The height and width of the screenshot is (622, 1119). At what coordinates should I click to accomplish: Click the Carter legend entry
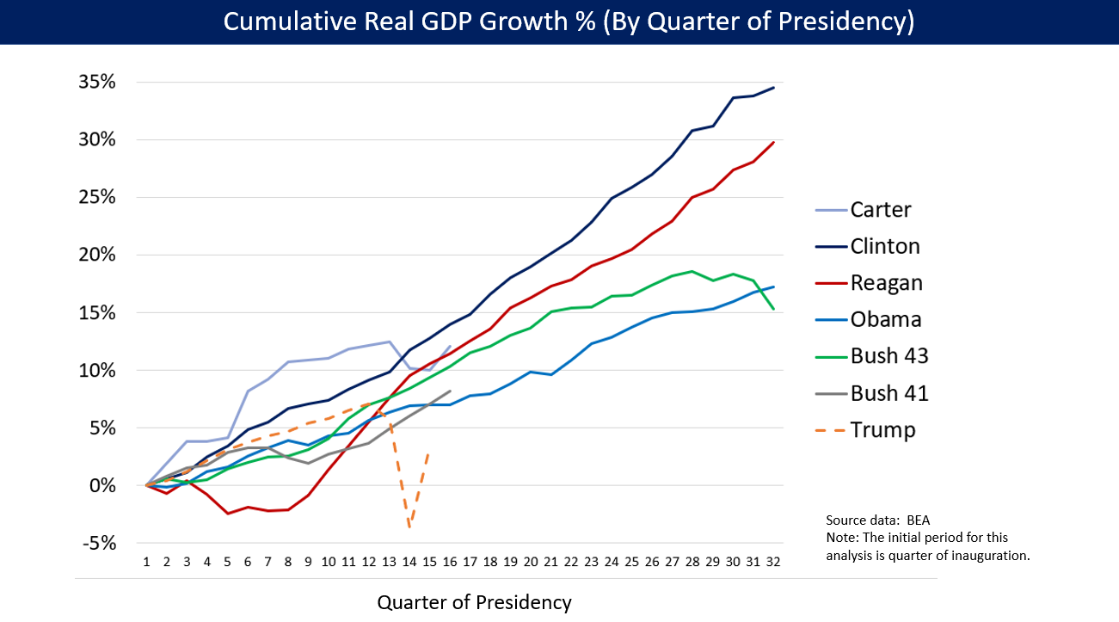point(881,209)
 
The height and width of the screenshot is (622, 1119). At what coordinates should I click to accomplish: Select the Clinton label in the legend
point(885,246)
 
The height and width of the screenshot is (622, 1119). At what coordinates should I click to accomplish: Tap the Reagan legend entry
point(887,283)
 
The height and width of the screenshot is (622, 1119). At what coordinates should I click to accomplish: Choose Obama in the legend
point(886,320)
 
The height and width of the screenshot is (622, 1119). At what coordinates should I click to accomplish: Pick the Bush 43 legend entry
point(889,356)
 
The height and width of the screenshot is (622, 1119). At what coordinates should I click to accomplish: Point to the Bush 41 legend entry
point(889,393)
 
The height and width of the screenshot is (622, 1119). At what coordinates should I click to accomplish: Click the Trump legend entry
point(882,430)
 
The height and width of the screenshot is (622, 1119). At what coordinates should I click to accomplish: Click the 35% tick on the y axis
point(97,83)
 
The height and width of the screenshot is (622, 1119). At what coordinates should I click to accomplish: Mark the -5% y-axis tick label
point(100,543)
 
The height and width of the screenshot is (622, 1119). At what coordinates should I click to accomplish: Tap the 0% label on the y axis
point(105,485)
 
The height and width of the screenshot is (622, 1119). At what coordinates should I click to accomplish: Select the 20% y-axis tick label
point(97,256)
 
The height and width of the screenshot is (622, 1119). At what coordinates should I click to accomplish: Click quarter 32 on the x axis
point(773,561)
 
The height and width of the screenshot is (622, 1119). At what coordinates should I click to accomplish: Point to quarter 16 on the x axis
point(450,561)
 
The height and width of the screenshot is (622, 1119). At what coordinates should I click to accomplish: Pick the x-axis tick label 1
point(147,561)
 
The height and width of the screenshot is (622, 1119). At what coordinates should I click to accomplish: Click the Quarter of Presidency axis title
point(474,602)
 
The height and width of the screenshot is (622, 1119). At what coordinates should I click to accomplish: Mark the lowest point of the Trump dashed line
point(409,527)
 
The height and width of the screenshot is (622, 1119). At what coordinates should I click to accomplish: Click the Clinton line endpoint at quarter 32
point(773,88)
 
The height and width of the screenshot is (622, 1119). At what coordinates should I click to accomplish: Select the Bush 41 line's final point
point(450,391)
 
